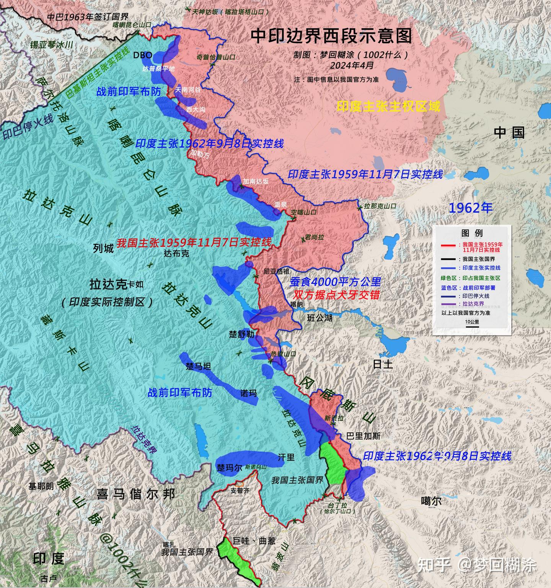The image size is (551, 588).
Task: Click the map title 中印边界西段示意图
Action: click(331, 36)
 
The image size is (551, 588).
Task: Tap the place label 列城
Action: click(103, 248)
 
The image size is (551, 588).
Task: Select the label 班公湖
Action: click(320, 318)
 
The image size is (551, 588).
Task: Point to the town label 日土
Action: click(383, 364)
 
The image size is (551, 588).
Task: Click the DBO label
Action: click(142, 55)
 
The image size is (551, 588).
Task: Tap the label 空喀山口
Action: click(304, 212)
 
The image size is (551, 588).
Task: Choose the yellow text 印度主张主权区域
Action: click(388, 106)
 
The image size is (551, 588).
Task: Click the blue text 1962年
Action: click(470, 208)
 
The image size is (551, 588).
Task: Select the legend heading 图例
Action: click(472, 233)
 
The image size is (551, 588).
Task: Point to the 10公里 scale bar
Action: click(472, 324)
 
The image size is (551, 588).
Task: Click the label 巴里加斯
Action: click(363, 436)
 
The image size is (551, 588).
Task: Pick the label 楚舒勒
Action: click(241, 334)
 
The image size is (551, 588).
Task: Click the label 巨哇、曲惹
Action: click(254, 541)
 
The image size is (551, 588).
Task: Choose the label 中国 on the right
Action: click(509, 133)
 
